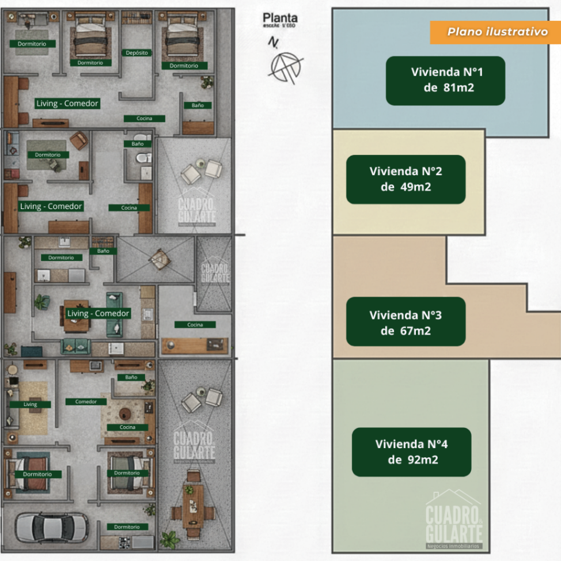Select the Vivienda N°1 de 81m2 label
[x=445, y=81]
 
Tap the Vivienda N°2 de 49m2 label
[x=405, y=179]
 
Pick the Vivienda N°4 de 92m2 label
[x=411, y=452]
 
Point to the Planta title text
[x=280, y=18]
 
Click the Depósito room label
[x=137, y=53]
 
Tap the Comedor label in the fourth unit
[x=86, y=401]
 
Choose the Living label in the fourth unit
[x=30, y=404]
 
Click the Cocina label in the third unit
[x=195, y=325]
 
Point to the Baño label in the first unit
[x=198, y=105]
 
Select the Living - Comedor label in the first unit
[x=67, y=104]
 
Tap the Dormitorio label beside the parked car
[x=127, y=526]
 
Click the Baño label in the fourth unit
[x=131, y=377]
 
